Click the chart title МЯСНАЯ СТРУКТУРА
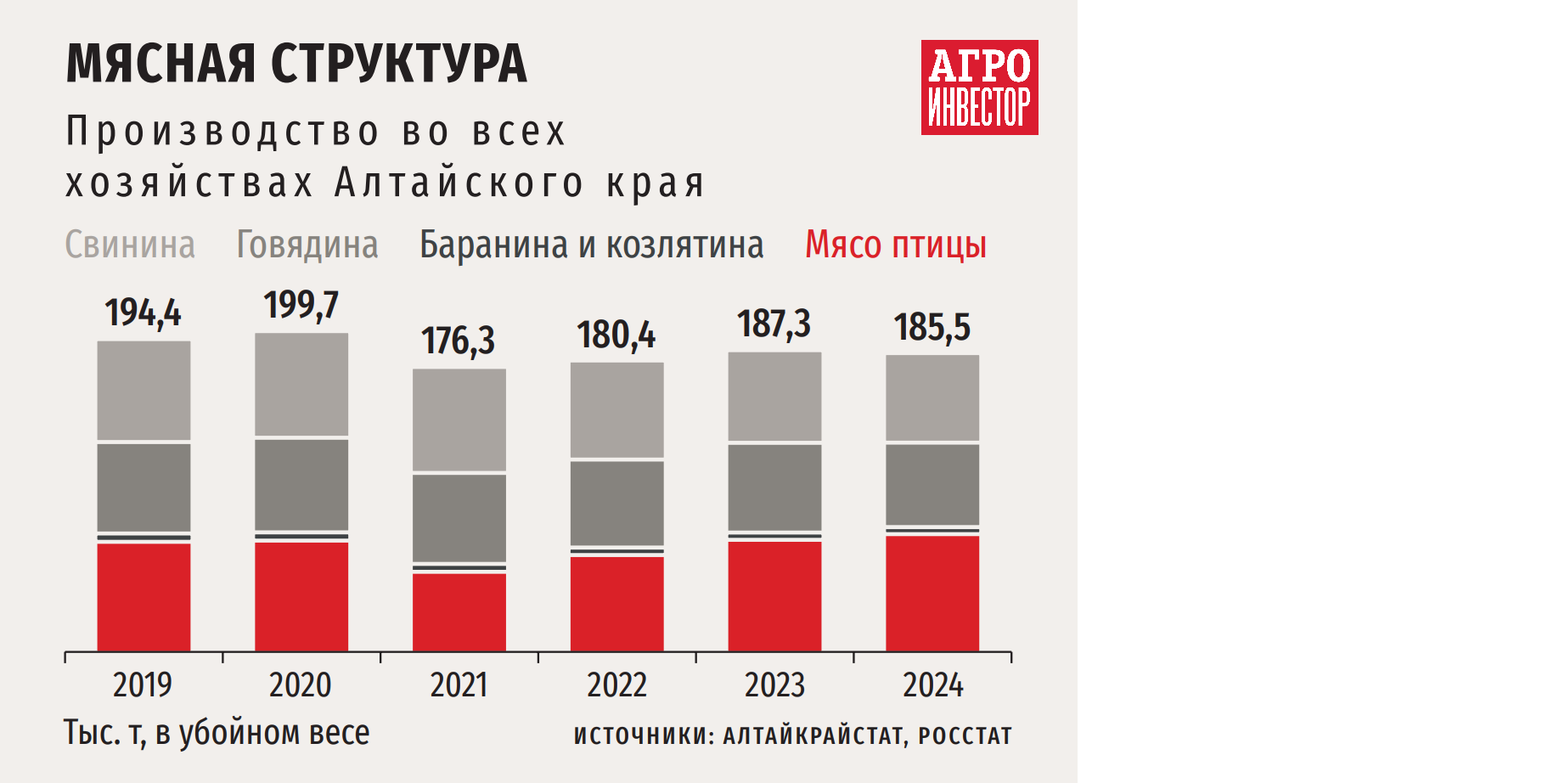[x=296, y=64]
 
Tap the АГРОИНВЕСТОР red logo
[x=979, y=87]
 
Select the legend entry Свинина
[x=130, y=245]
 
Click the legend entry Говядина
[x=307, y=245]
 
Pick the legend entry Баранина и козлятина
[x=591, y=245]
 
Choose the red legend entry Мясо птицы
[x=895, y=245]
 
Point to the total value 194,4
[x=143, y=313]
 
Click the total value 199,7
[x=301, y=305]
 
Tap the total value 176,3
[x=458, y=341]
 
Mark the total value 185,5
[x=932, y=327]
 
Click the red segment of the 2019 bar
[x=144, y=596]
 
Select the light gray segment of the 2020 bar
[x=301, y=384]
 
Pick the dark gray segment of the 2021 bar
[x=459, y=517]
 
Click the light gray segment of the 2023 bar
[x=774, y=396]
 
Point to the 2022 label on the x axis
[x=616, y=685]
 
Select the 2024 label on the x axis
[x=932, y=685]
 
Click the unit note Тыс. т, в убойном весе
[x=217, y=733]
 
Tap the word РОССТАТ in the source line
[x=965, y=735]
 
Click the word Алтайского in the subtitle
[x=459, y=183]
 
